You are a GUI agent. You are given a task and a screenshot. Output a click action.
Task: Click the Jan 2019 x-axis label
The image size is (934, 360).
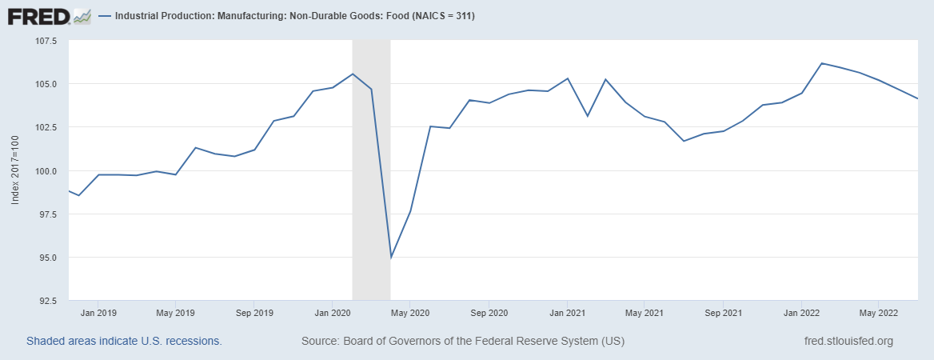[x=100, y=312]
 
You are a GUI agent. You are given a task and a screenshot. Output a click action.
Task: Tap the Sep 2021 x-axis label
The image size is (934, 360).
[x=722, y=312]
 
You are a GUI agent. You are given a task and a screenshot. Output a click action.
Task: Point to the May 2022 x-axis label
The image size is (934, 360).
[x=877, y=312]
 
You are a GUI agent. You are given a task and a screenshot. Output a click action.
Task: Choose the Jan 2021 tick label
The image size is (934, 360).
[x=566, y=312]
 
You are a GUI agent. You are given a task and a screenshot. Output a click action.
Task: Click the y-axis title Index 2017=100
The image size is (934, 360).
[x=15, y=171]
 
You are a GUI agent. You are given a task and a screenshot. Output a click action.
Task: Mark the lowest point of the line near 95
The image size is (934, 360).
[x=390, y=258]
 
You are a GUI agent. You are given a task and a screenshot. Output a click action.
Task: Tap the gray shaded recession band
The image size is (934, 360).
[x=371, y=200]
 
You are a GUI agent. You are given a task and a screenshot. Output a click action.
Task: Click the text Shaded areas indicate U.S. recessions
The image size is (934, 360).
[x=124, y=341]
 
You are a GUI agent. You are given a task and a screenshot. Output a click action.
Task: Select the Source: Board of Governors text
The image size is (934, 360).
[x=462, y=341]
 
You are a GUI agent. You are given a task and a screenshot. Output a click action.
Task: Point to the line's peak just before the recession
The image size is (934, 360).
[x=353, y=74]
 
